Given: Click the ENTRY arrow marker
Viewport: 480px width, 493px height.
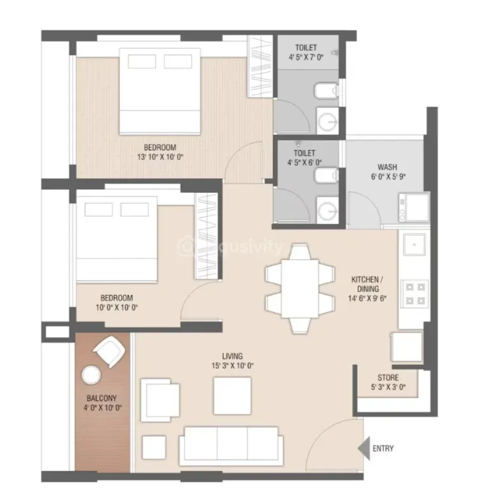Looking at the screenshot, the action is [365, 449].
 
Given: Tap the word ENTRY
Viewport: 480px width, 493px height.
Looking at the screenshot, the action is [383, 449].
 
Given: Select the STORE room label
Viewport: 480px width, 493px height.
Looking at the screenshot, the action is [388, 378].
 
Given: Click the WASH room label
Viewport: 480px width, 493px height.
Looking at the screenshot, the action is [387, 167].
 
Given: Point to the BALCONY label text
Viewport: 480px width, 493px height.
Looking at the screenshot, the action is [101, 398].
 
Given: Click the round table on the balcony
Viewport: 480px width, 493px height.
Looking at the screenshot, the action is [91, 375].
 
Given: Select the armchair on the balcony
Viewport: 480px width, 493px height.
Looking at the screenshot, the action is [109, 352].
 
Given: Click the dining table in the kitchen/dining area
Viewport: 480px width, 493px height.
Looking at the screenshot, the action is [300, 289].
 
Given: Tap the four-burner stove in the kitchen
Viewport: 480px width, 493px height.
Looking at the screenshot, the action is [415, 294].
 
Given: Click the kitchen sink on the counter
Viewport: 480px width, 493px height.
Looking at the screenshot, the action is [415, 244].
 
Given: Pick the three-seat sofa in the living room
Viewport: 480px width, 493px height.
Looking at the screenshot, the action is [231, 447].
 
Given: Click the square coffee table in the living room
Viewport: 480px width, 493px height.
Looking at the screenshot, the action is [232, 396].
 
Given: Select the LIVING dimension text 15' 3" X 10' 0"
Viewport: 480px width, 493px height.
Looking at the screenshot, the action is [233, 365].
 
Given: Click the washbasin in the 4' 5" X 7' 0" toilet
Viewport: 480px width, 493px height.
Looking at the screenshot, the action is [328, 121].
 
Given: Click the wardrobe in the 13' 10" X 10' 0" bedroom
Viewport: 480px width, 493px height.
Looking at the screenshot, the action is [260, 66].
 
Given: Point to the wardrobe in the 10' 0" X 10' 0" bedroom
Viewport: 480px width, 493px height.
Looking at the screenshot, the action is [206, 236].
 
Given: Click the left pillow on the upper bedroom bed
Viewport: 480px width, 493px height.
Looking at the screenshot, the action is [142, 62].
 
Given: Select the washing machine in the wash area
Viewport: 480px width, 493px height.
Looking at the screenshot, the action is [414, 207].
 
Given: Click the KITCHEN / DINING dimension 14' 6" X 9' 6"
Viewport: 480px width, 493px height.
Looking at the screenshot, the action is [367, 298].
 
